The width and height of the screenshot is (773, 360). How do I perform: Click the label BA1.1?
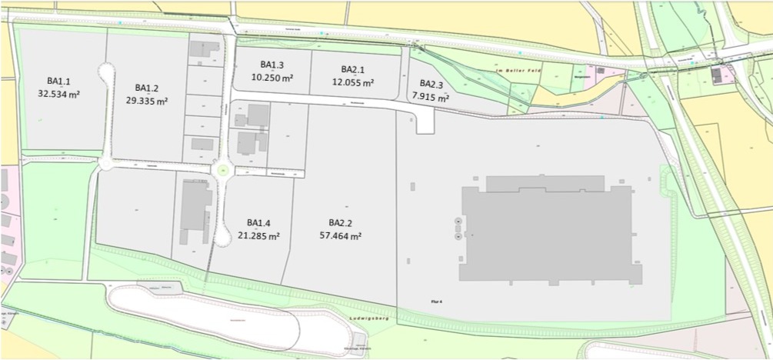[58, 81]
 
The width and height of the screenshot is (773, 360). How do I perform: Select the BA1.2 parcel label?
[146, 88]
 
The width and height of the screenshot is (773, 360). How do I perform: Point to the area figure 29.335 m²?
[146, 101]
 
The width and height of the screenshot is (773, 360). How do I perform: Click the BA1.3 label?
[272, 65]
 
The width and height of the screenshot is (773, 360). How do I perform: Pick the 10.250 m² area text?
[272, 77]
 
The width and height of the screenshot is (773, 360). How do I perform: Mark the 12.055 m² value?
[352, 82]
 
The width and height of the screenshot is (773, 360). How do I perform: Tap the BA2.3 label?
[431, 83]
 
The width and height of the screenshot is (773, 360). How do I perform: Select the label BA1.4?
[258, 223]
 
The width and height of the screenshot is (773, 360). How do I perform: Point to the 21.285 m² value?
[258, 236]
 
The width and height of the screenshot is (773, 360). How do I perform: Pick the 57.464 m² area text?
[340, 236]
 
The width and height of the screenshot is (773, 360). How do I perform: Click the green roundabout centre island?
[223, 170]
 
